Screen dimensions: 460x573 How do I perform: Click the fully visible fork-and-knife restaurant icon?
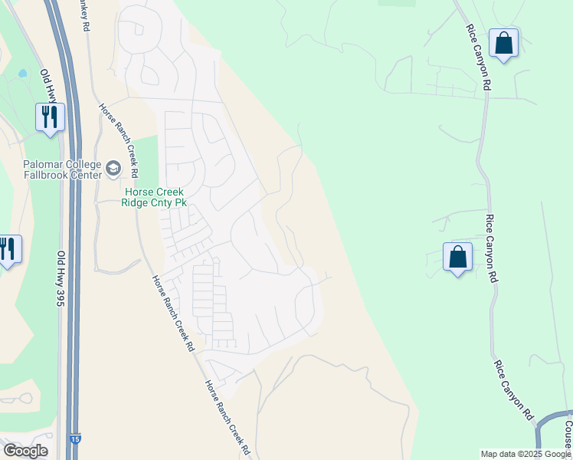coord(50,117)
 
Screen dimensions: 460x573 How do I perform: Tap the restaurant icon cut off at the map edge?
coord(8,249)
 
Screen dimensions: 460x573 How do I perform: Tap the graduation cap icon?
coord(113,168)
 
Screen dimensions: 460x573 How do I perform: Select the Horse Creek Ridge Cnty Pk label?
coord(154,198)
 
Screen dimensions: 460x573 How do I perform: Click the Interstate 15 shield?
coord(73,438)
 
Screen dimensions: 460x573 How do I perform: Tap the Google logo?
coord(25,451)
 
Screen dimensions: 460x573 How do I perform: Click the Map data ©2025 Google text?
coord(525,454)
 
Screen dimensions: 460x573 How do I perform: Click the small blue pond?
coord(22,74)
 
